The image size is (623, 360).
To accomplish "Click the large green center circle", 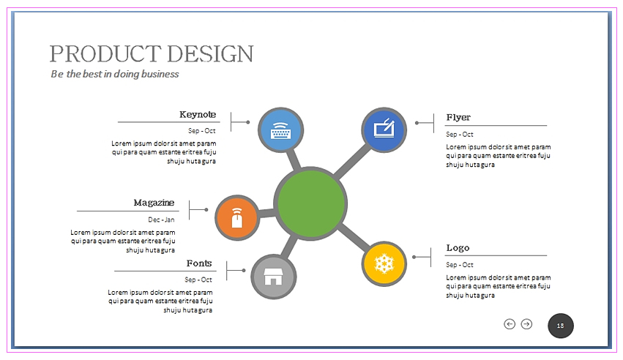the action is click(310, 203).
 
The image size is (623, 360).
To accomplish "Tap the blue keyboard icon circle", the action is click(280, 130).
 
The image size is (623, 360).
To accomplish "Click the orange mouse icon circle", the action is click(237, 218).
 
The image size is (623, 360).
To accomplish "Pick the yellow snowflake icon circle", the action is click(384, 263).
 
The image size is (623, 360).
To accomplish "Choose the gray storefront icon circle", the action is click(274, 277).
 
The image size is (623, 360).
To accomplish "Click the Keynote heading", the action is click(198, 115).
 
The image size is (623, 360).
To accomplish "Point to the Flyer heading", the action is click(458, 118).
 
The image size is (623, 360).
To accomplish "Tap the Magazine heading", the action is click(154, 203).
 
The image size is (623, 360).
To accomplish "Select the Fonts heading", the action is click(199, 263).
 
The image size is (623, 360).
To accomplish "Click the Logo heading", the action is click(458, 248).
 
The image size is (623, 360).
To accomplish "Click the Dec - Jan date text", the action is click(161, 220).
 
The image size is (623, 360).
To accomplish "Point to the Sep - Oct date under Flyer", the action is click(460, 135).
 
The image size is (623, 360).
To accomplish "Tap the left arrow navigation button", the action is click(510, 324).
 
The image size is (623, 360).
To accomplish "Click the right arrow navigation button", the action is click(526, 324).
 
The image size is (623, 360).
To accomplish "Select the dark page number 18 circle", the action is click(561, 326).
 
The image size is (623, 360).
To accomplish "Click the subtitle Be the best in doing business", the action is click(115, 74).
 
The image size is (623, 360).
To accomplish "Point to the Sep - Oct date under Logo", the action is click(460, 265).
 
